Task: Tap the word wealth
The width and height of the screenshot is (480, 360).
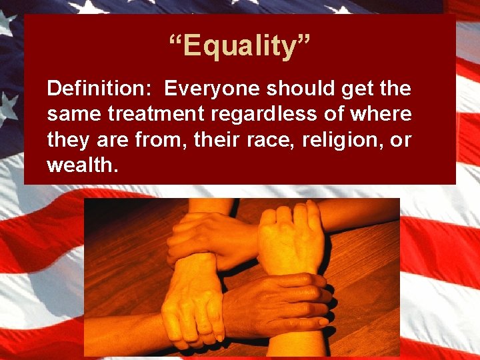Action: coord(83,166)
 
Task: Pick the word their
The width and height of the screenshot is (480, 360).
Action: coord(201,141)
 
